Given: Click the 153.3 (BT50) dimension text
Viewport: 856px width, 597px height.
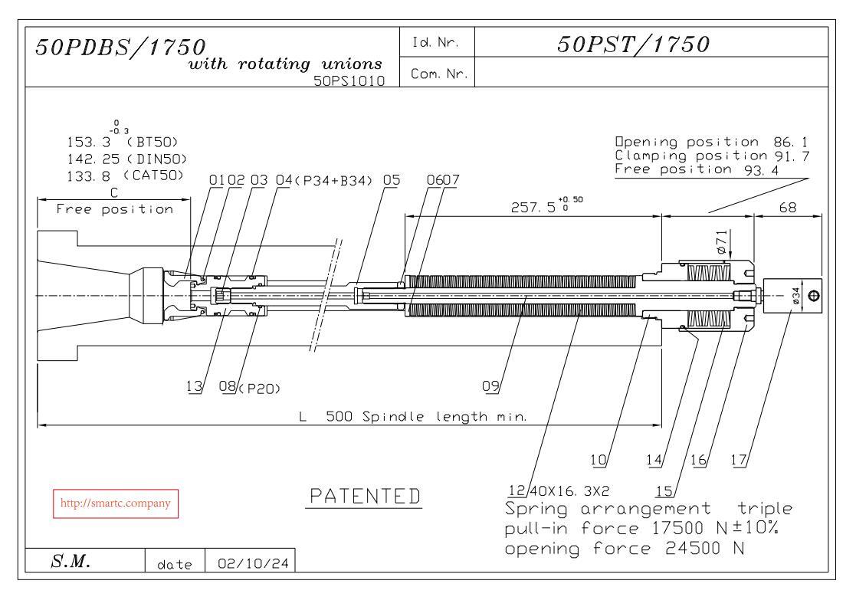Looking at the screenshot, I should [123, 142].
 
